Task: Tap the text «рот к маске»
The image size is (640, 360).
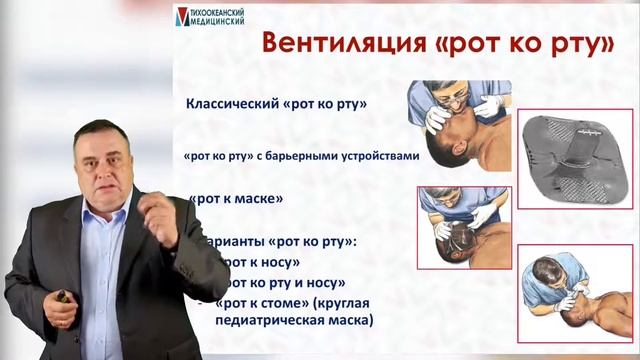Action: pyautogui.click(x=229, y=198)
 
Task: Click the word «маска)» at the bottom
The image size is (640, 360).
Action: pyautogui.click(x=352, y=320)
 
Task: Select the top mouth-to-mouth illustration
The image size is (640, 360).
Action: pyautogui.click(x=459, y=126)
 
